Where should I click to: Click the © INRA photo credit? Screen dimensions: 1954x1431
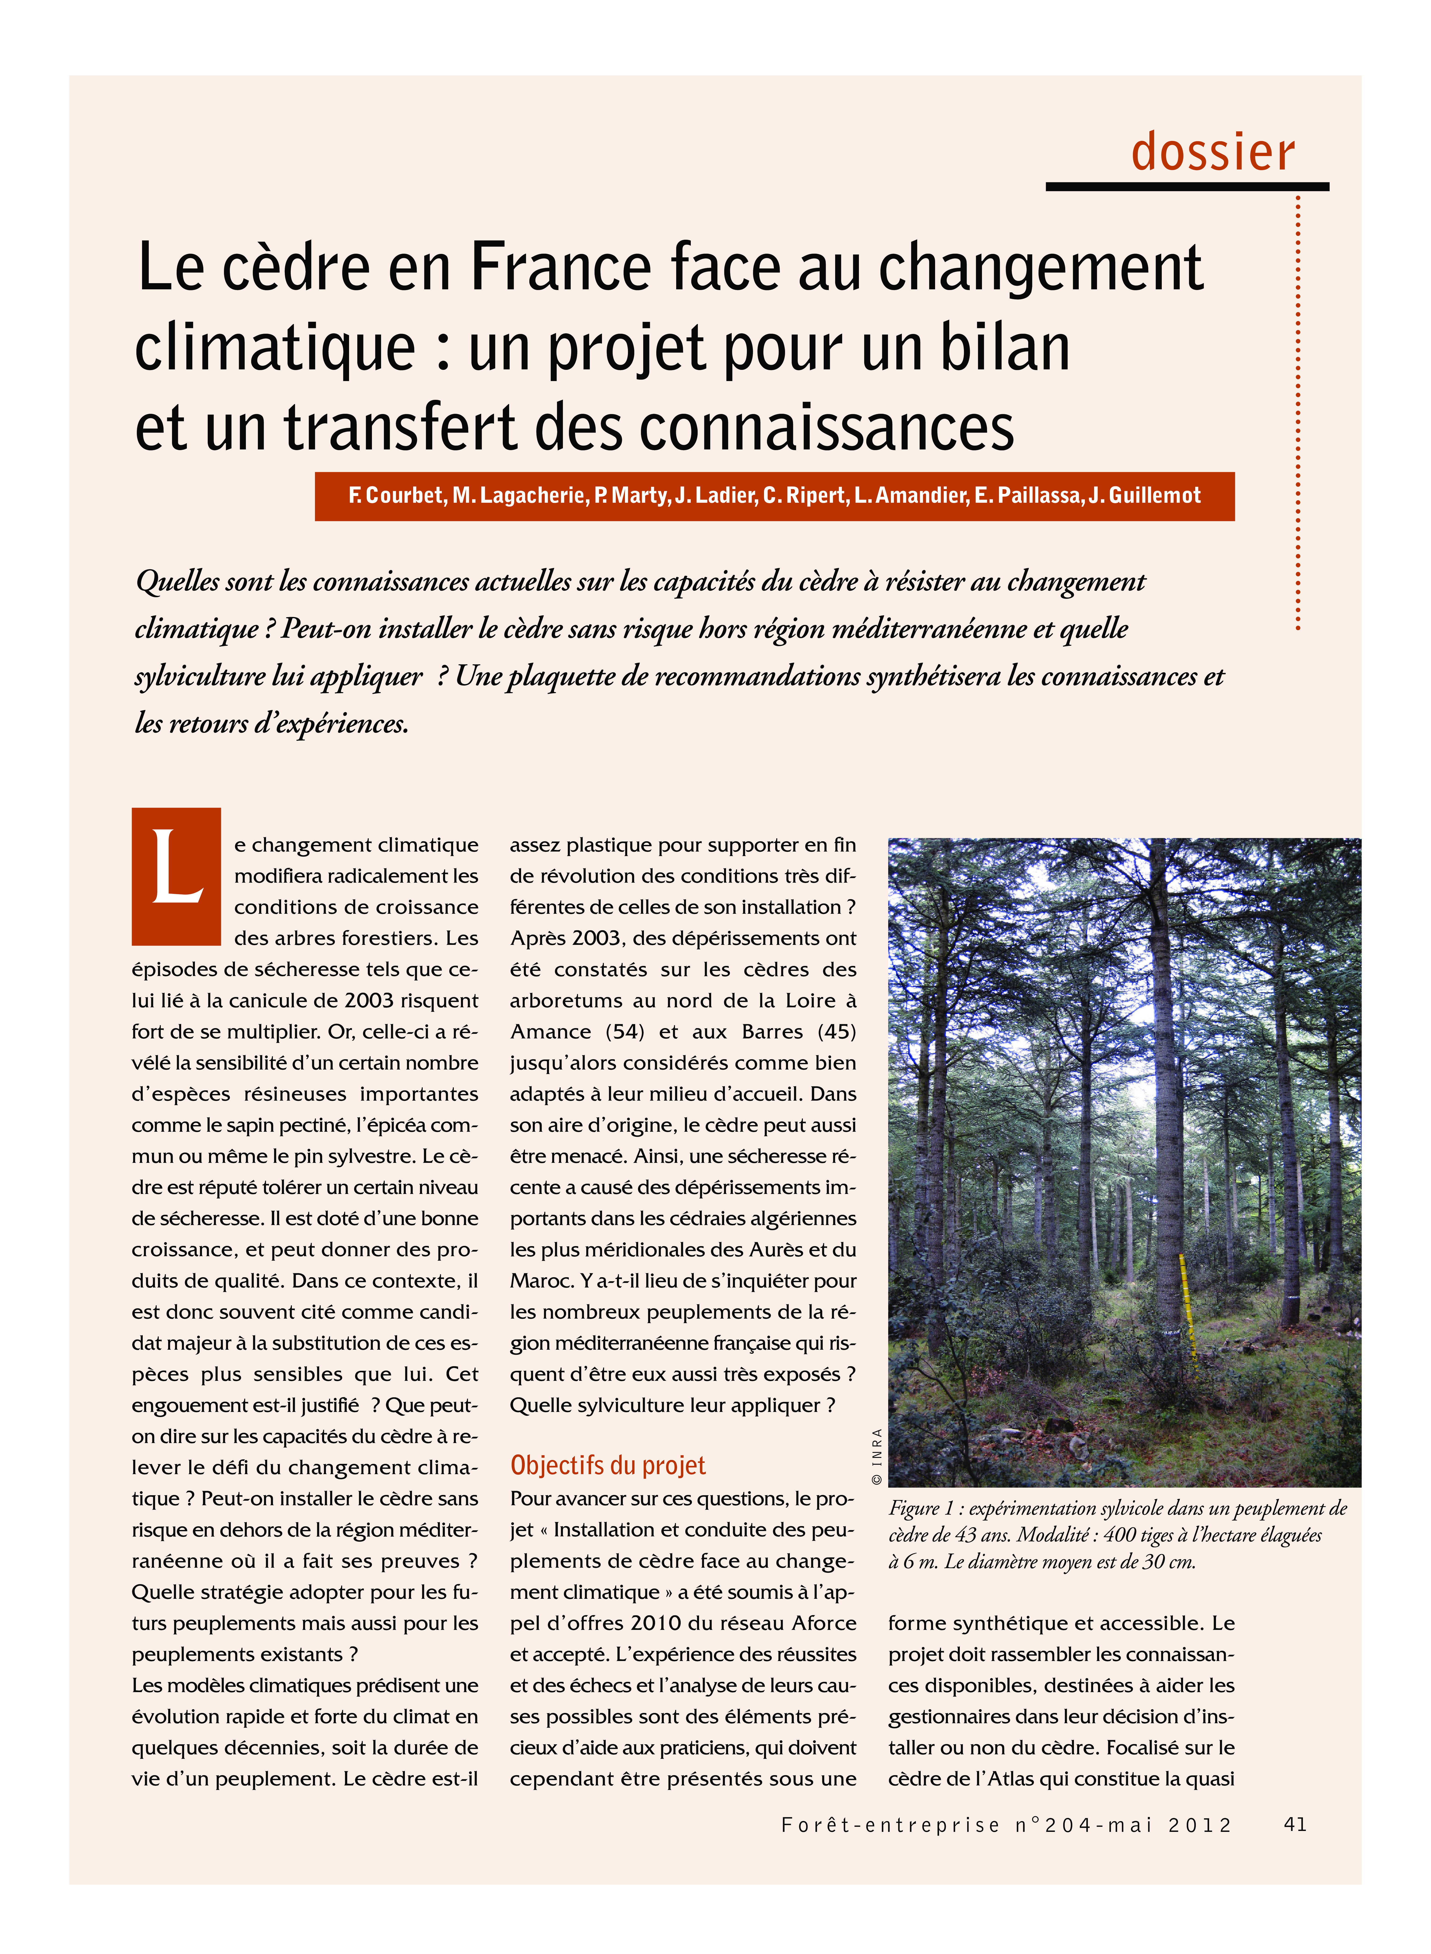(877, 1455)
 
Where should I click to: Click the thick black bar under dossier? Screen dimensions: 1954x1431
(1187, 186)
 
